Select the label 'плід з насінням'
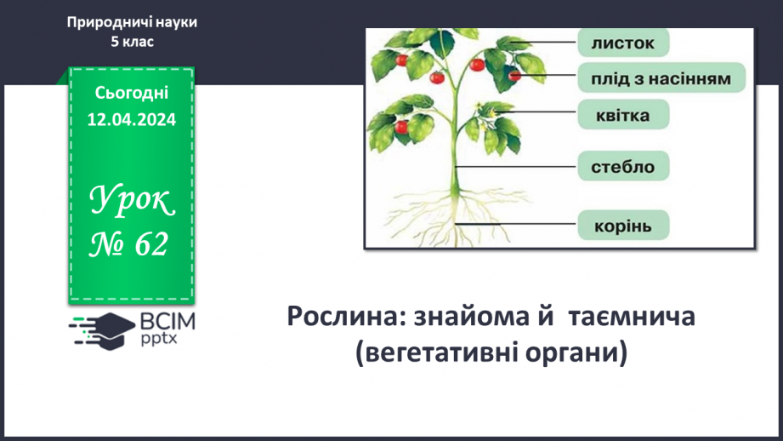661,78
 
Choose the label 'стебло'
623,167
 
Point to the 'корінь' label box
623,226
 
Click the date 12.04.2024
132,120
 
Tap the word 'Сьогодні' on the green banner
132,94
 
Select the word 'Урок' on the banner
133,203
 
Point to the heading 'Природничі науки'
132,23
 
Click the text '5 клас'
132,42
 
